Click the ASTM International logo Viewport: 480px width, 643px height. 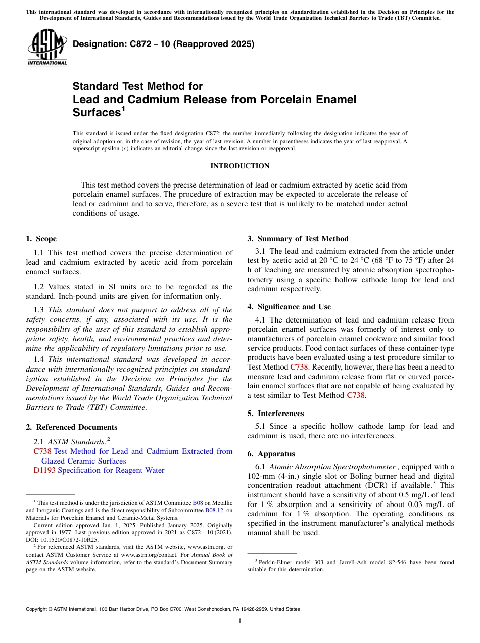(x=47, y=49)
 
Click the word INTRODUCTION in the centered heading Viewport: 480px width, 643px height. (x=239, y=166)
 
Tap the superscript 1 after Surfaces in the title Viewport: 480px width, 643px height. (x=123, y=109)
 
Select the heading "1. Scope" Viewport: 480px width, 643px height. (x=41, y=239)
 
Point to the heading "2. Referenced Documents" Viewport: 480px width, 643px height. (x=71, y=427)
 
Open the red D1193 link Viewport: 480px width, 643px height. (x=44, y=470)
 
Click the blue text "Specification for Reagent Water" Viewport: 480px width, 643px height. (x=111, y=470)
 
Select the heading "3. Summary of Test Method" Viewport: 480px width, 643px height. (x=298, y=239)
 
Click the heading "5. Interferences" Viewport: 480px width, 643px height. (x=275, y=413)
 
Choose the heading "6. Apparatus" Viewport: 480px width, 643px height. (x=271, y=454)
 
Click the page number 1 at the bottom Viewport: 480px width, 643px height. (x=240, y=621)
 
